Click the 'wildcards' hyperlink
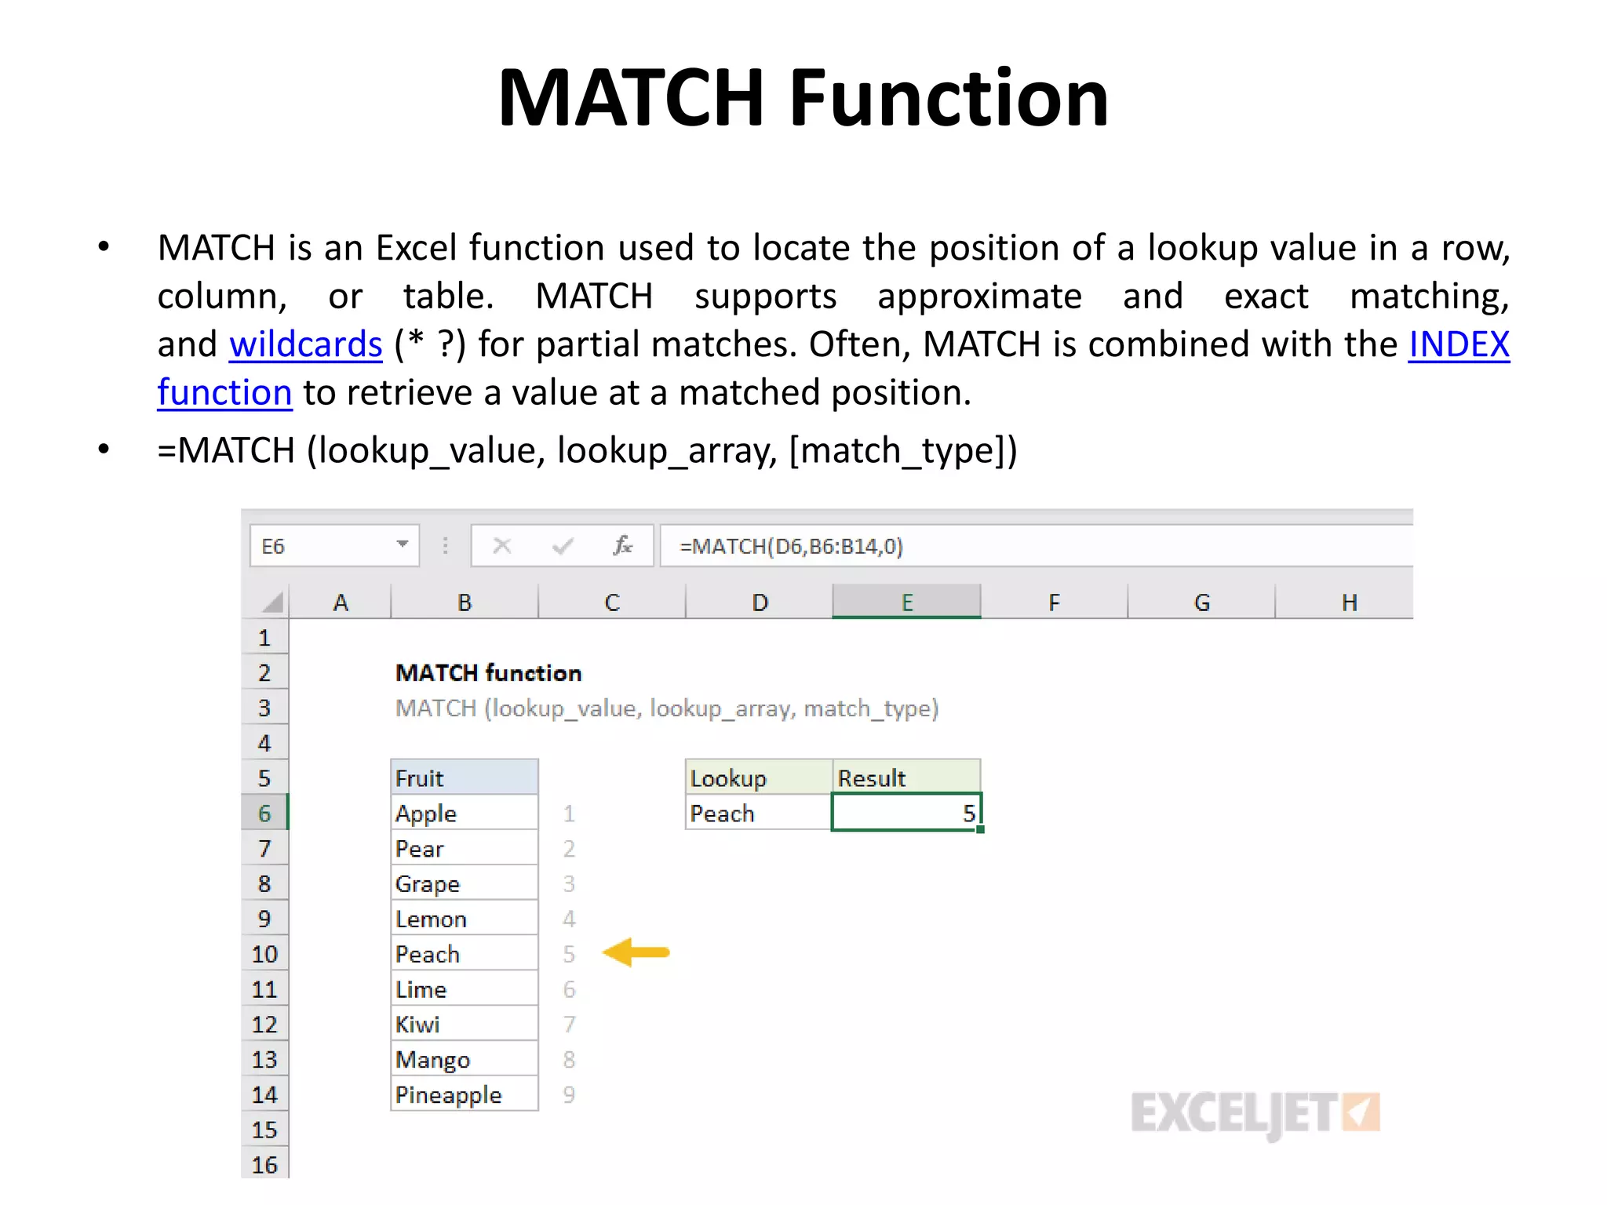(x=305, y=344)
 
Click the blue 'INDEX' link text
(x=1459, y=344)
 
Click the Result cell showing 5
(x=906, y=813)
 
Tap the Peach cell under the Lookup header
(x=758, y=814)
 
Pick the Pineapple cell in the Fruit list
(x=464, y=1094)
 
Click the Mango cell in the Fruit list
(x=464, y=1059)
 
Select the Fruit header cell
(x=464, y=777)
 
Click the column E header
(x=906, y=602)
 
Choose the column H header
(x=1348, y=602)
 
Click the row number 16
(x=264, y=1164)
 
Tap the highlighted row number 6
(x=264, y=813)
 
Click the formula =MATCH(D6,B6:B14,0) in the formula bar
(x=791, y=546)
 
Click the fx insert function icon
(x=622, y=545)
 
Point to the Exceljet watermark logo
(x=1254, y=1112)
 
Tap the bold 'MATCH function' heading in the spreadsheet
(x=488, y=673)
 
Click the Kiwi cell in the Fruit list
(x=464, y=1025)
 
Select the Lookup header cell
(x=758, y=777)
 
